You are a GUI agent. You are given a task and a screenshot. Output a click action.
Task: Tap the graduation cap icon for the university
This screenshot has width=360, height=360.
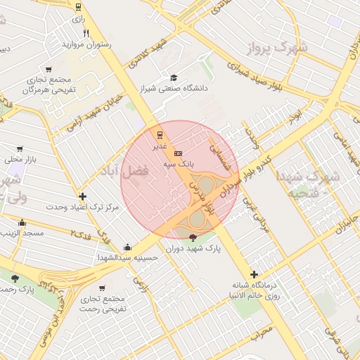pos(174,77)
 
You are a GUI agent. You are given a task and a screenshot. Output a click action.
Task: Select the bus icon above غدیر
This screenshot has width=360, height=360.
pos(160,134)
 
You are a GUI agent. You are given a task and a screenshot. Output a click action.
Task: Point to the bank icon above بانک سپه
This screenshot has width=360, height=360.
pos(178,152)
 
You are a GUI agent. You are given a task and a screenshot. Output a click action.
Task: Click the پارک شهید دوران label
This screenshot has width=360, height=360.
pos(194,249)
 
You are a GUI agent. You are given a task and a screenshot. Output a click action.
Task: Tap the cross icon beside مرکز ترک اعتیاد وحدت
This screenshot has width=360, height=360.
pos(83,196)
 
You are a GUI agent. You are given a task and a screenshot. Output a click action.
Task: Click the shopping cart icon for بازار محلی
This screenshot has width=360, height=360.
pos(19,149)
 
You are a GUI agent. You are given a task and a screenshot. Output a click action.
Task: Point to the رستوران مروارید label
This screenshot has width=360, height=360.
pos(86,44)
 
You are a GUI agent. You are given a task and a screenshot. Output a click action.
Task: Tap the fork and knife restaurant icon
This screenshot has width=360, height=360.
pos(86,33)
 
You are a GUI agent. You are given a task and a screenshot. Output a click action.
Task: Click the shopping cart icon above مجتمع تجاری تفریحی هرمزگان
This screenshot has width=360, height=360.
pos(49,69)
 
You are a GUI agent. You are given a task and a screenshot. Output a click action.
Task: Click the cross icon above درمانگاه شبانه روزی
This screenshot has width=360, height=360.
pos(254,274)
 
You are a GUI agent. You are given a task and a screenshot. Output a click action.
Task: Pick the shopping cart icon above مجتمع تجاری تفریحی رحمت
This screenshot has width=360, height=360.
pos(103,288)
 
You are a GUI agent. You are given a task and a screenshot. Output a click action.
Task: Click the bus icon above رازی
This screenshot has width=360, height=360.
pos(77,8)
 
